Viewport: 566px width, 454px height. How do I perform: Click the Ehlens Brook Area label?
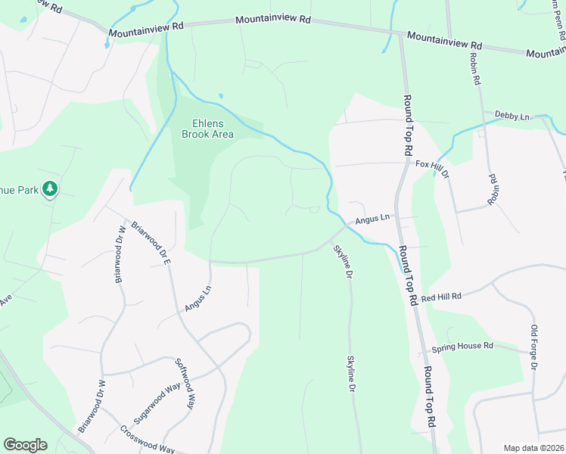point(207,129)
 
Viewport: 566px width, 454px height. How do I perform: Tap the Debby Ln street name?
point(512,116)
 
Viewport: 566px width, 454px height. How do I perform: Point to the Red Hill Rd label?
point(441,297)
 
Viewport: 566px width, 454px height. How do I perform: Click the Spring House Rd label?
point(462,347)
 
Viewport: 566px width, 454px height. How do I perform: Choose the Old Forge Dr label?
point(533,348)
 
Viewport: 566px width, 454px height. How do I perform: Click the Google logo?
point(25,445)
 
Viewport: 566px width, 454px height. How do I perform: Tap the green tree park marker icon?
point(50,188)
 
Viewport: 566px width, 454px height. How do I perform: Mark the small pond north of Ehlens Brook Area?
point(220,95)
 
